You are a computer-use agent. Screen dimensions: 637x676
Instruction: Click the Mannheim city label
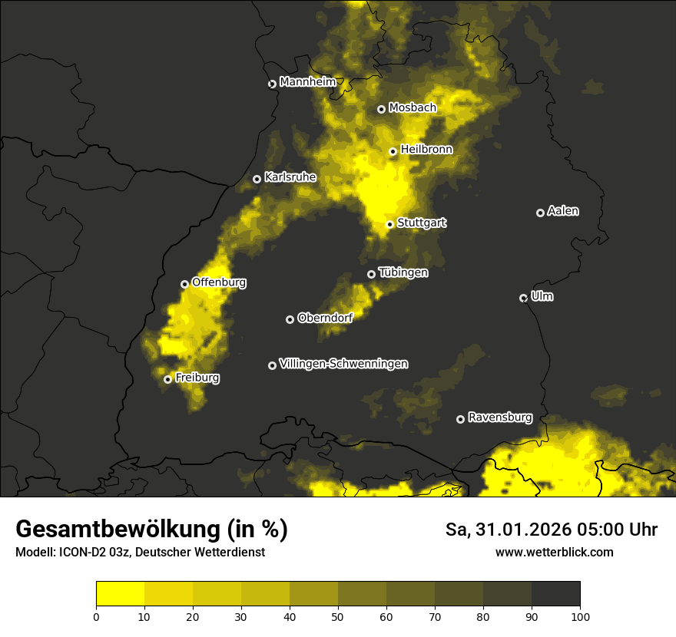(307, 81)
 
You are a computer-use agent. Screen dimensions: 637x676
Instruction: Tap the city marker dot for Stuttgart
(389, 224)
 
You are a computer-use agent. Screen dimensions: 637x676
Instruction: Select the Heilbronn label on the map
(426, 150)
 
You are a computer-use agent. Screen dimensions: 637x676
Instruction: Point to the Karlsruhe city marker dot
(257, 179)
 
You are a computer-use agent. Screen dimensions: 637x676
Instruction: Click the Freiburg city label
(197, 378)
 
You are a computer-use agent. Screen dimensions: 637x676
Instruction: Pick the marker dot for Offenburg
(184, 284)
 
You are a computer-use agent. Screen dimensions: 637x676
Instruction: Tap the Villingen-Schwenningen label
(343, 364)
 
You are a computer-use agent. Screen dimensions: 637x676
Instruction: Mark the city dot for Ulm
(523, 298)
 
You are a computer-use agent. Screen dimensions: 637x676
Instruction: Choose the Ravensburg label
(499, 418)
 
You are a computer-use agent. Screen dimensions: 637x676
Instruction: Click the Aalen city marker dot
(540, 213)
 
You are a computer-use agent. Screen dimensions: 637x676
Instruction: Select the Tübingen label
(403, 272)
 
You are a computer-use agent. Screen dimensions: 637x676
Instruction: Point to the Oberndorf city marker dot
(290, 319)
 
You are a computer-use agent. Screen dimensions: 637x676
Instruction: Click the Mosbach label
(412, 108)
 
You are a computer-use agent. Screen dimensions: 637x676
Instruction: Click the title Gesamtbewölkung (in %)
(151, 530)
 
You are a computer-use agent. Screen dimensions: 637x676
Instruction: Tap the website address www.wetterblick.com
(554, 552)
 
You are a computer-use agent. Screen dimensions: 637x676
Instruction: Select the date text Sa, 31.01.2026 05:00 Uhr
(552, 530)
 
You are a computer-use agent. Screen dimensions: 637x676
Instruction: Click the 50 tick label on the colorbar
(338, 616)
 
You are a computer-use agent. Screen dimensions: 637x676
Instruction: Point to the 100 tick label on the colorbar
(580, 616)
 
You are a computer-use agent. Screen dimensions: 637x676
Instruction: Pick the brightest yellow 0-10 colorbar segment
(120, 594)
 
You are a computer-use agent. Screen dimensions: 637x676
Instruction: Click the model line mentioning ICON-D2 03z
(140, 552)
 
